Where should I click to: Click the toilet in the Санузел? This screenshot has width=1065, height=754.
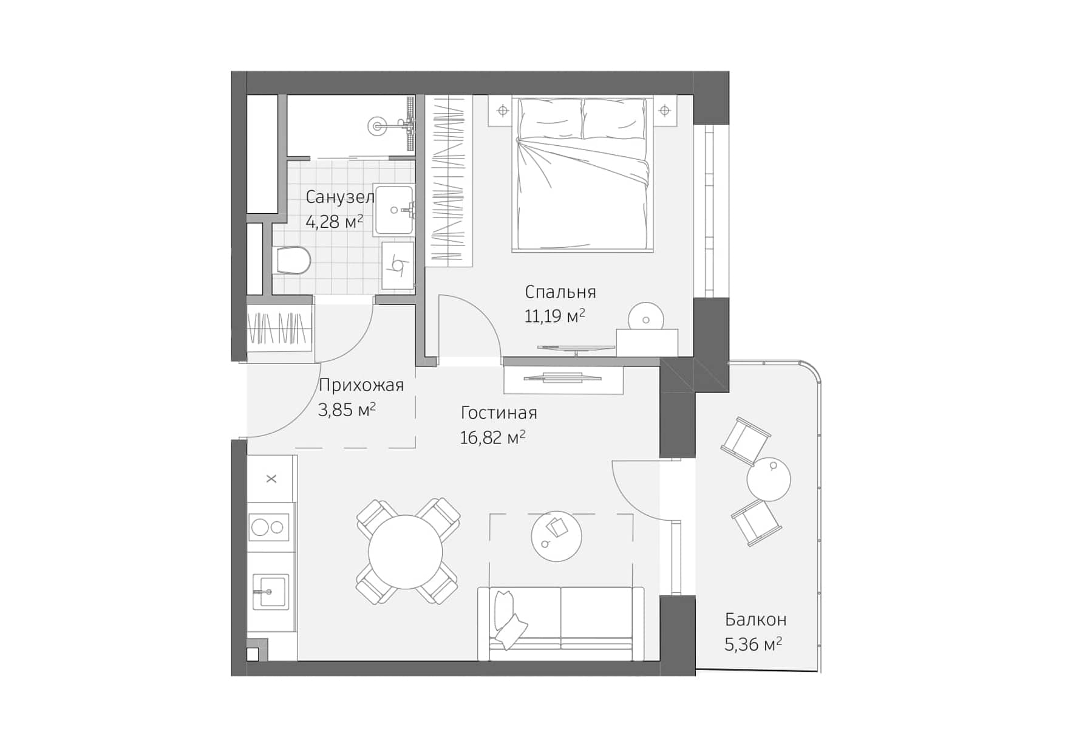293,261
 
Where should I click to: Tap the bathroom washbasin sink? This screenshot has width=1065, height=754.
394,210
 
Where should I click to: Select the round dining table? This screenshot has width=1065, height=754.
405,552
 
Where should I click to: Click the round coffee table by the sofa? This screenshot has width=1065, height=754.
556,536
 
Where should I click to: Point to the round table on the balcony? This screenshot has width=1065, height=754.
769,479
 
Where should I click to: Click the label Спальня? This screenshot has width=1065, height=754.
560,292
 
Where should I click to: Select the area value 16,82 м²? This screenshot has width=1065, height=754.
492,438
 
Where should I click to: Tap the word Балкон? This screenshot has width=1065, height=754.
755,620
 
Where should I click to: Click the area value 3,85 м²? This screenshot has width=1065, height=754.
346,410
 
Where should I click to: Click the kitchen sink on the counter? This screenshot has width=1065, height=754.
271,591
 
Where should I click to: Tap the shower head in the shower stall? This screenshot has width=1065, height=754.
377,126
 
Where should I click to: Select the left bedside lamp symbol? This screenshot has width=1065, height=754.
502,111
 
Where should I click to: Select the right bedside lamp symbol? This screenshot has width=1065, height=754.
664,111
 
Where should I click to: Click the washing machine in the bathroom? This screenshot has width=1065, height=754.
398,266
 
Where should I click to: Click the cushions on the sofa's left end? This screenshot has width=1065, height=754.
508,620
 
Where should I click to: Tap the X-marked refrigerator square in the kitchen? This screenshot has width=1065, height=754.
271,479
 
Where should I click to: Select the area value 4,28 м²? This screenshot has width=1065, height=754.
334,222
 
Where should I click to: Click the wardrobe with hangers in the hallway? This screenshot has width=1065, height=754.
279,329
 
